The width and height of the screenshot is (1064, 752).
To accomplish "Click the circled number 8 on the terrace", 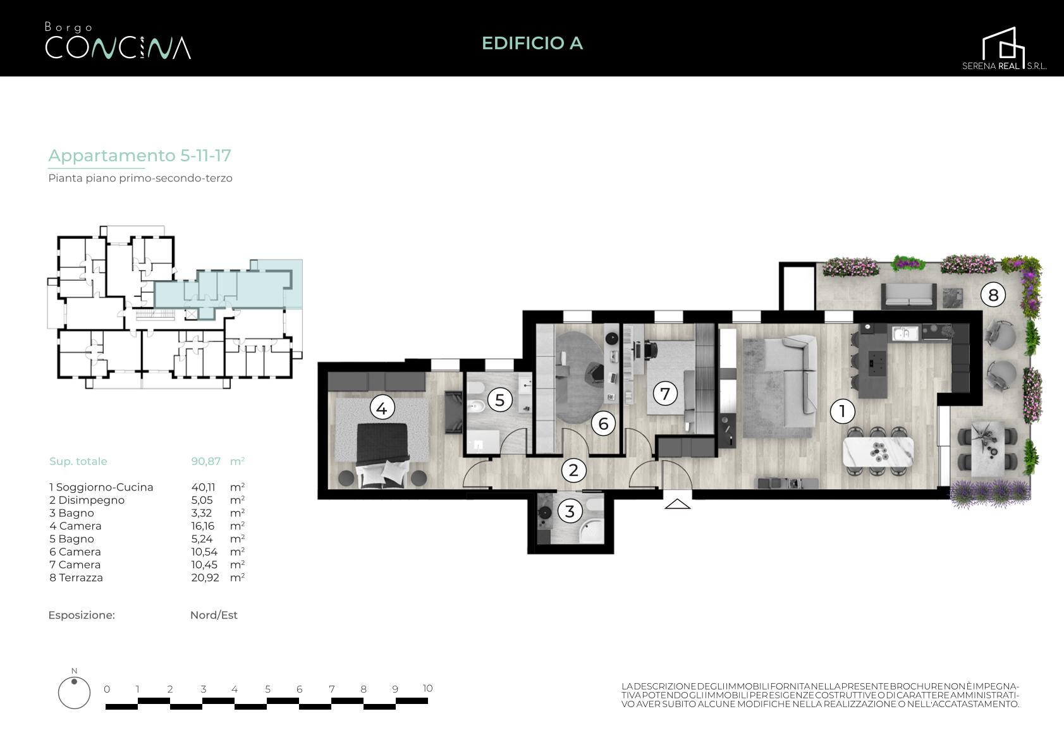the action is pos(993,295).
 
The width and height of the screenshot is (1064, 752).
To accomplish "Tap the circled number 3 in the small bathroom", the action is pos(570,511).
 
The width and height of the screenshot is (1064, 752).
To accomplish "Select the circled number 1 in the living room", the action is pos(842,411).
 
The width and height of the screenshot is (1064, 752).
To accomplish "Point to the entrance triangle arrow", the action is pos(677,504).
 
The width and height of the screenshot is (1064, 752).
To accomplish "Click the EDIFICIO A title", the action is pos(532,43).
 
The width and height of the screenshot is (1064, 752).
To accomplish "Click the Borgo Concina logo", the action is pos(118,41).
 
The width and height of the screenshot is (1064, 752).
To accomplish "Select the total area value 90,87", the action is pos(205,461).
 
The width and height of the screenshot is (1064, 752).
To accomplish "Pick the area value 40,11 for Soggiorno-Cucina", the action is pos(203,487).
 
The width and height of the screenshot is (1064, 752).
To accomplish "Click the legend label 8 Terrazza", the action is pos(76,578).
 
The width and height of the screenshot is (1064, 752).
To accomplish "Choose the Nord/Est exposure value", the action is pos(214,616).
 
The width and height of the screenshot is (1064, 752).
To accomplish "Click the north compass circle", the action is pos(74,693).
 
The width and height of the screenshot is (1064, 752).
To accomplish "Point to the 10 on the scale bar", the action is pos(427,688).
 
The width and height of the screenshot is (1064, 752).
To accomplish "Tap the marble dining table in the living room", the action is pos(877,451).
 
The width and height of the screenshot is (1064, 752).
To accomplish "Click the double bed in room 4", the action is pos(382,453).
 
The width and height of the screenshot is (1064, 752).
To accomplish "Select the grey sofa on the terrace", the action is pos(908,296).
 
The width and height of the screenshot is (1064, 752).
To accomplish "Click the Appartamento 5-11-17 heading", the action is pos(140,155).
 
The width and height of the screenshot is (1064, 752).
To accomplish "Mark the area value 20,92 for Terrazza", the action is pos(205,578).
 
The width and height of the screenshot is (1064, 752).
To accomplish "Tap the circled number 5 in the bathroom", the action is pos(499,400).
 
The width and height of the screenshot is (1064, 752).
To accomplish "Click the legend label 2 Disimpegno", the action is pos(87,500).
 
